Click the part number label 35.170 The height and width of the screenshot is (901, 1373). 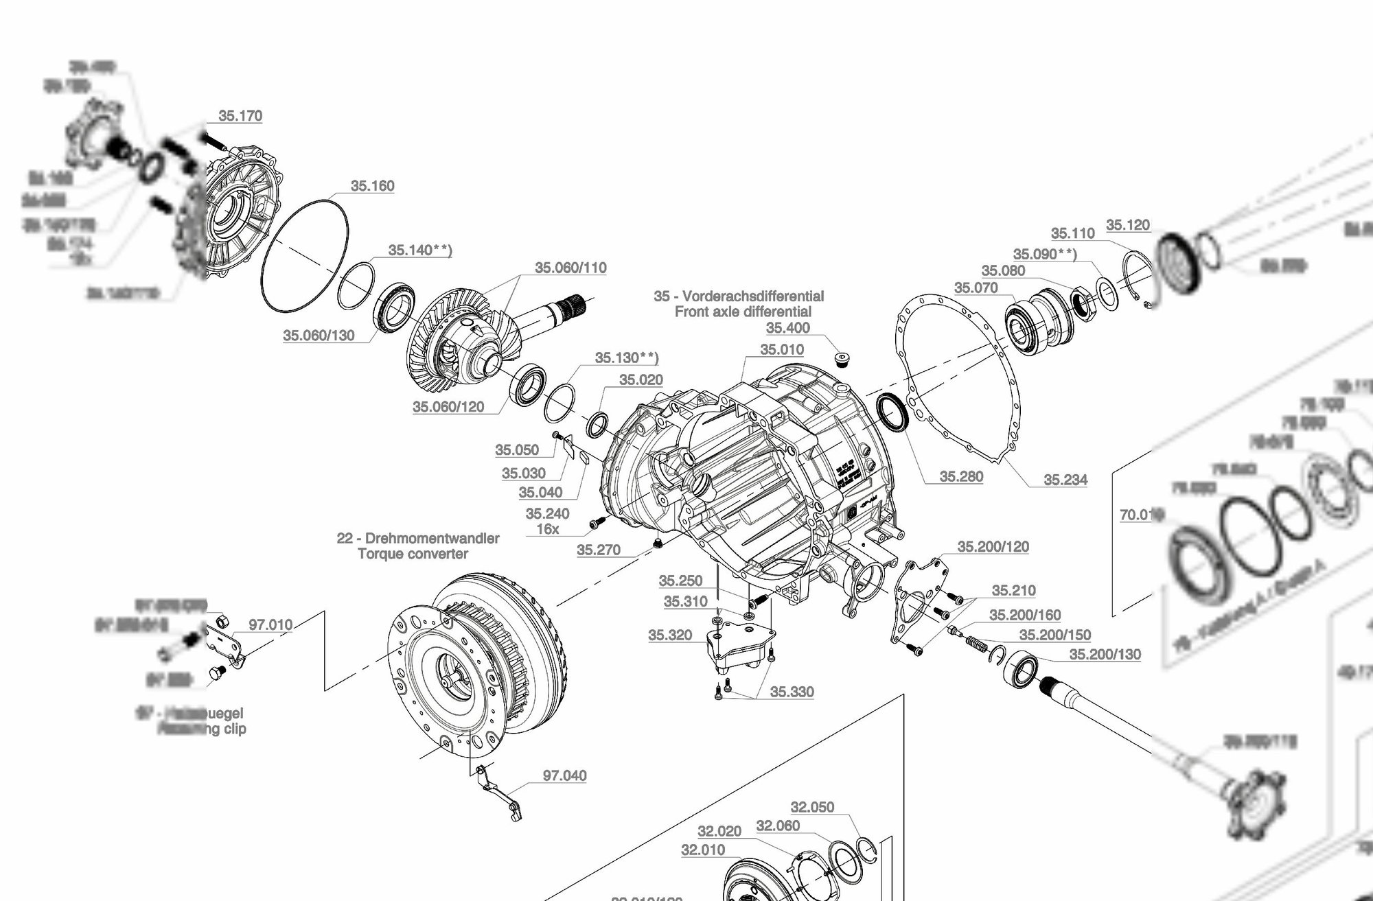click(240, 116)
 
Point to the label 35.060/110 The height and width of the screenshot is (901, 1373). click(570, 268)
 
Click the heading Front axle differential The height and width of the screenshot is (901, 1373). click(743, 312)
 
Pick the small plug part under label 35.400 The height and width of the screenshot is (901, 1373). click(839, 360)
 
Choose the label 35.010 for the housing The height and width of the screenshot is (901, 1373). click(782, 350)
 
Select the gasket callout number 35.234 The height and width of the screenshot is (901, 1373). click(1065, 480)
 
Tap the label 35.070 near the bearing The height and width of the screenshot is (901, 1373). click(976, 288)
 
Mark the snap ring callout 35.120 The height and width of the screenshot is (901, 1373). click(1128, 225)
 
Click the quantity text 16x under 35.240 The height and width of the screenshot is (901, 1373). click(548, 530)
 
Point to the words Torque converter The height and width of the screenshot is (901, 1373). click(413, 554)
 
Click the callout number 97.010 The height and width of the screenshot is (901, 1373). click(270, 625)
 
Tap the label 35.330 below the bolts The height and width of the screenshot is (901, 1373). click(792, 692)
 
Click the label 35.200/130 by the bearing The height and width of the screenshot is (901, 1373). click(1105, 655)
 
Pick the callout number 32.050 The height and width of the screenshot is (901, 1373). click(812, 807)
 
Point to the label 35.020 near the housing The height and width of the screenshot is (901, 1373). click(641, 380)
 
